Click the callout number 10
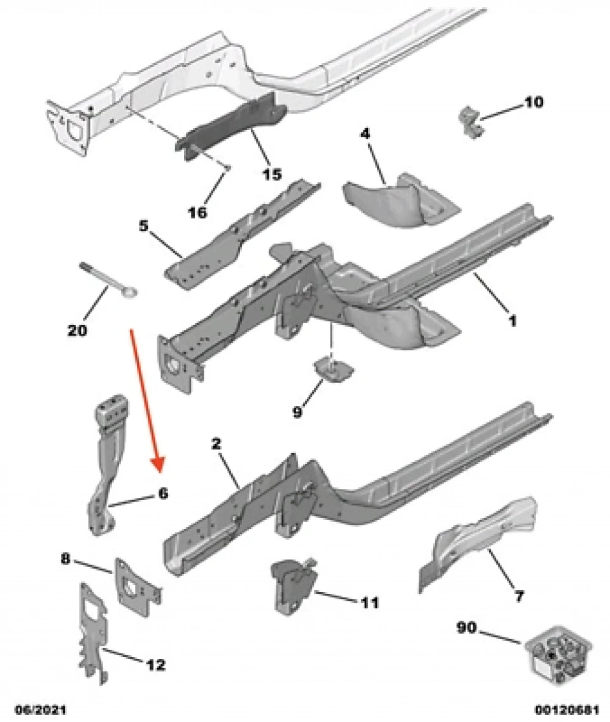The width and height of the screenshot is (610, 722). (534, 102)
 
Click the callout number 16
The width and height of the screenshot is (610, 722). (198, 212)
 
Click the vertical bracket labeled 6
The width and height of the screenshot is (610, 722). (108, 459)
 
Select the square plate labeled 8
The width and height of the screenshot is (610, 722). (135, 583)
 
